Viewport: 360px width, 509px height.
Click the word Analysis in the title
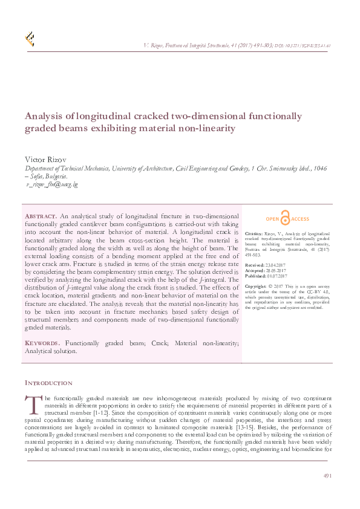coord(44,116)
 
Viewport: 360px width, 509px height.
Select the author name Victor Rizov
coord(45,158)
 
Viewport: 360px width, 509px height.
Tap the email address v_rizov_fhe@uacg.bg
coord(52,183)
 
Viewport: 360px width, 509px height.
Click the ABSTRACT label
coord(41,216)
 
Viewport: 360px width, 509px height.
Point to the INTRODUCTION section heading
coord(48,383)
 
